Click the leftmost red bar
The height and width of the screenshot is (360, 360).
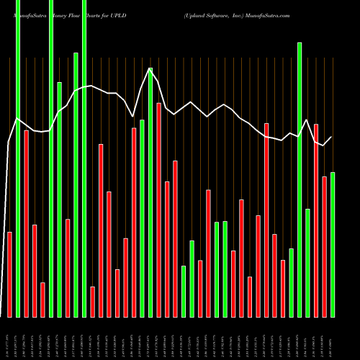(x=9, y=274)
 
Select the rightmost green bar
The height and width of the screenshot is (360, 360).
(x=333, y=245)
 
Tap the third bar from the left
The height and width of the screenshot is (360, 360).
(x=26, y=223)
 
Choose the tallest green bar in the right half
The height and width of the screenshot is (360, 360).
(x=300, y=180)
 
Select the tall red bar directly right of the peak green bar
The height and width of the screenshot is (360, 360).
(x=158, y=210)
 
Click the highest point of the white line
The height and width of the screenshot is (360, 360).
(x=150, y=69)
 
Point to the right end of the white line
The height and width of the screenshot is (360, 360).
(x=331, y=138)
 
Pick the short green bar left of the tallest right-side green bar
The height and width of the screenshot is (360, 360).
(x=291, y=282)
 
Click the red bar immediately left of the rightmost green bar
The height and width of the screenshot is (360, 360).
(x=324, y=246)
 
